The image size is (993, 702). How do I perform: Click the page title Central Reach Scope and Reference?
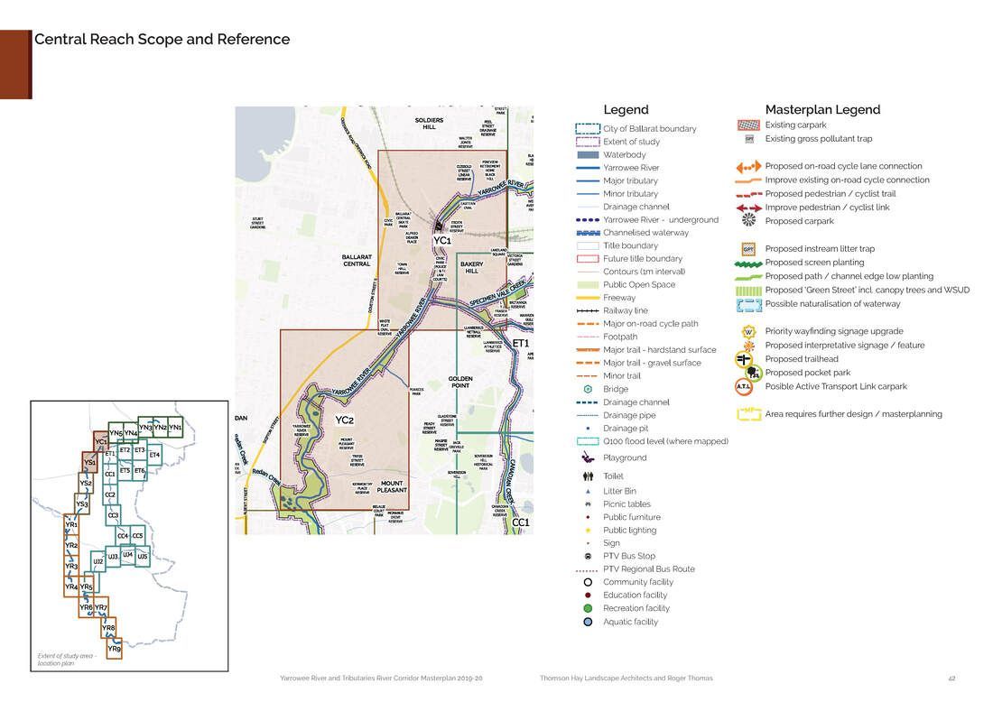coord(162,40)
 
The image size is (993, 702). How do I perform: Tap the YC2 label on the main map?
coord(344,420)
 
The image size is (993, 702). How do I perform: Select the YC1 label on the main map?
coord(441,241)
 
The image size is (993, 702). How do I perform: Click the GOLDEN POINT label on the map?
coord(460,382)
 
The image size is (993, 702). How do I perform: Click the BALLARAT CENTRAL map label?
coord(357,261)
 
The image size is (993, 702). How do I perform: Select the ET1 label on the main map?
coord(521,344)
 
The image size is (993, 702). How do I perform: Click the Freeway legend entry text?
coord(619,298)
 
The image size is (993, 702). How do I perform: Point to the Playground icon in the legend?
coord(588,457)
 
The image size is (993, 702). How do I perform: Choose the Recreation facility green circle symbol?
coord(588,608)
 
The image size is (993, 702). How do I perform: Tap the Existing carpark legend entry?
coord(795,125)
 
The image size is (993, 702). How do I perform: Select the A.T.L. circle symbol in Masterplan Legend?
coord(745,387)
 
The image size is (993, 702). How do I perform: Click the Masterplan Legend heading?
coord(822,110)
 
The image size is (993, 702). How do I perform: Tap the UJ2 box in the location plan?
coord(97,561)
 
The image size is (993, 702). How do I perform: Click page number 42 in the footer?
coord(951,679)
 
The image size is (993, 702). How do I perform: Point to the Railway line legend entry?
coord(626,310)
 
